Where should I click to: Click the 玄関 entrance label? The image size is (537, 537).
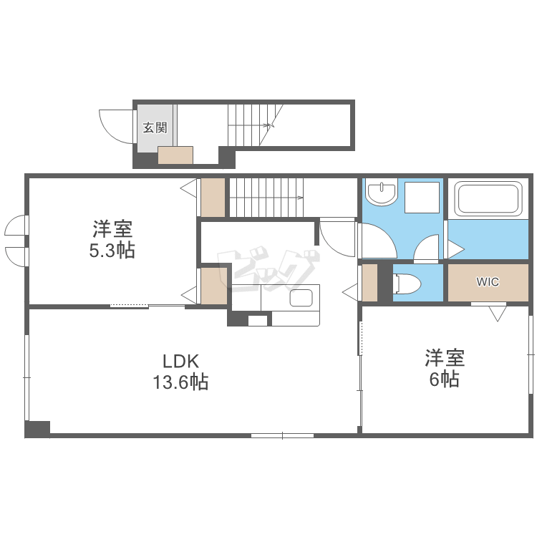pos(155,128)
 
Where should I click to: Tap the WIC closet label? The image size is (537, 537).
pos(488,282)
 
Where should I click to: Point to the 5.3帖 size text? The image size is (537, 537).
pos(112,251)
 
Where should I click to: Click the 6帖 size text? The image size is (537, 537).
pos(444,379)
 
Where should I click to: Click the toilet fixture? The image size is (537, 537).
pos(407,284)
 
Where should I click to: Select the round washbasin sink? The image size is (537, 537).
pos(382,193)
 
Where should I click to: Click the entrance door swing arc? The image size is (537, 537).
pos(114,125)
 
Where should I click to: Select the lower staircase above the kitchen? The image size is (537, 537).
pos(266,197)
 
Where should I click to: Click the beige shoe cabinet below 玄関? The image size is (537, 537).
pos(175,155)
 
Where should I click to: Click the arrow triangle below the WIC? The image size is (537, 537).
pos(497,313)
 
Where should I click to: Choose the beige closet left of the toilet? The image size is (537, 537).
pos(369,283)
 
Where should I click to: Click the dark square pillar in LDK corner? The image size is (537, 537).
pos(37,428)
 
